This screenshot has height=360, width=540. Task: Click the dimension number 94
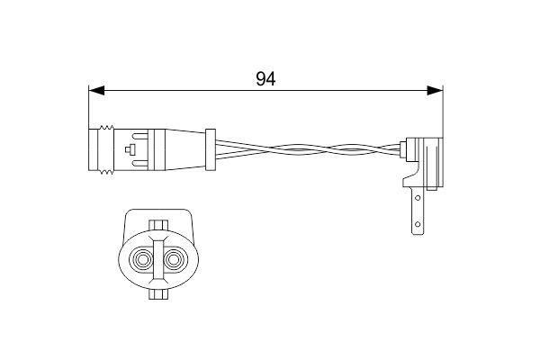pyautogui.click(x=265, y=78)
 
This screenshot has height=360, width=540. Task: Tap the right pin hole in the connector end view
pyautogui.click(x=174, y=261)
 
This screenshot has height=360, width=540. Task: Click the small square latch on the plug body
pyautogui.click(x=132, y=149)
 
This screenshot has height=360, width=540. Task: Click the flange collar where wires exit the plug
pyautogui.click(x=210, y=148)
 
